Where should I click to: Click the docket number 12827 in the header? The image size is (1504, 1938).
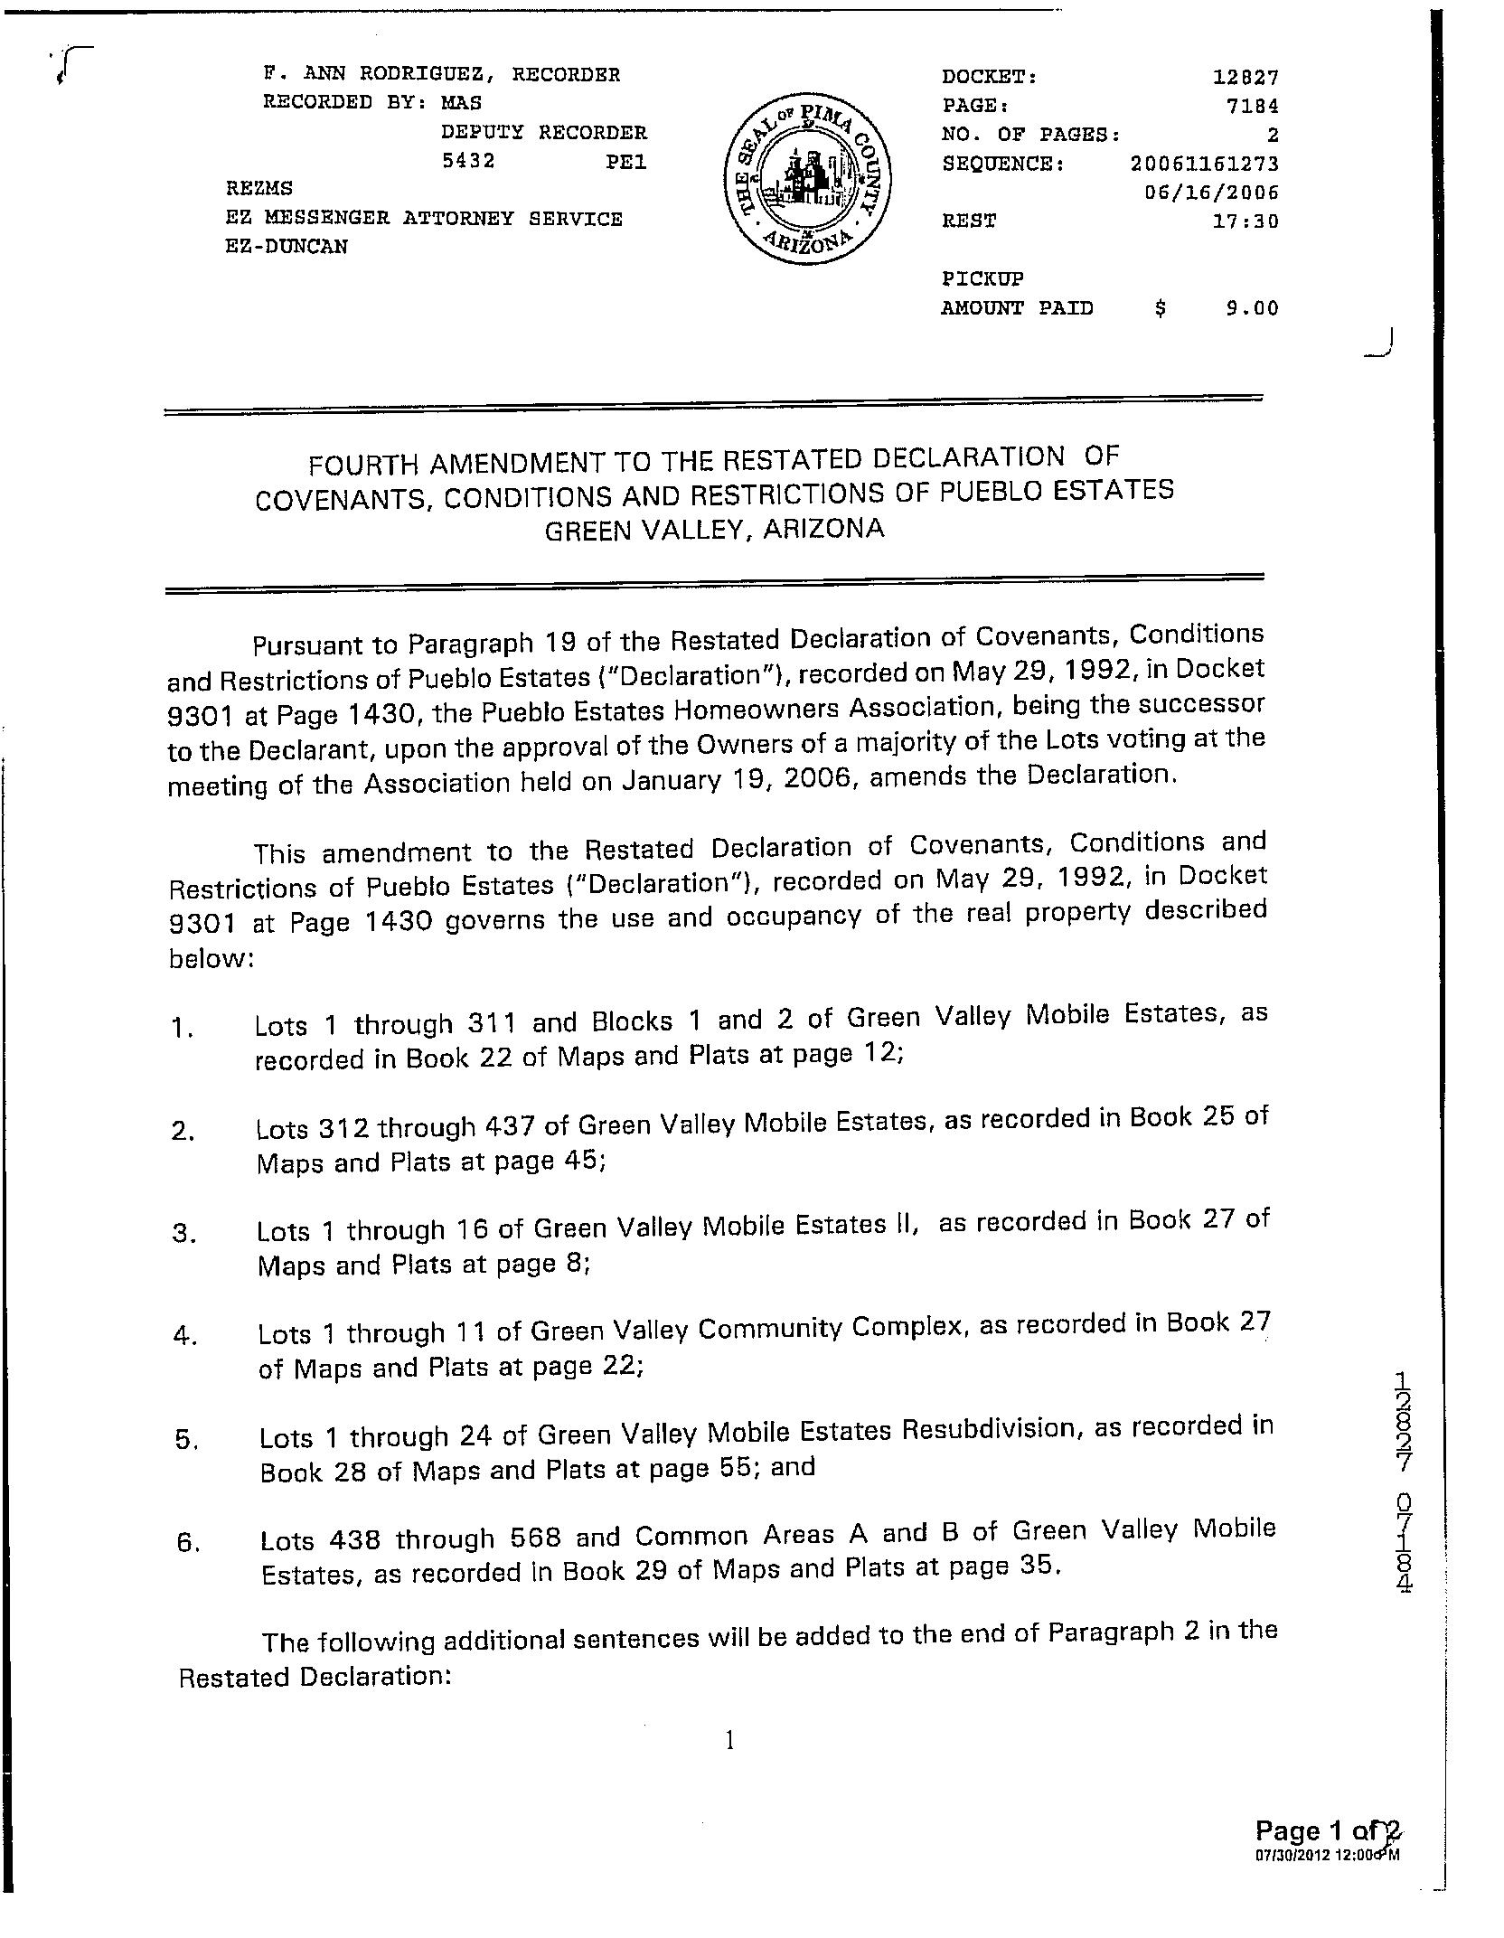click(x=1245, y=78)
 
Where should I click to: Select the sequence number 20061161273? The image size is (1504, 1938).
click(x=1204, y=164)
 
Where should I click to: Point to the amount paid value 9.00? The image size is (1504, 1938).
click(x=1252, y=308)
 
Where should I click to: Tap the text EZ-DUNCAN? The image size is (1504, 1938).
click(x=287, y=247)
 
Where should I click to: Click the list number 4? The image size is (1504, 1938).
click(x=183, y=1336)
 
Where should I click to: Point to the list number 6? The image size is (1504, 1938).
click(x=187, y=1543)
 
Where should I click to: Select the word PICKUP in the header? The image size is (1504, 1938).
click(x=982, y=278)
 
